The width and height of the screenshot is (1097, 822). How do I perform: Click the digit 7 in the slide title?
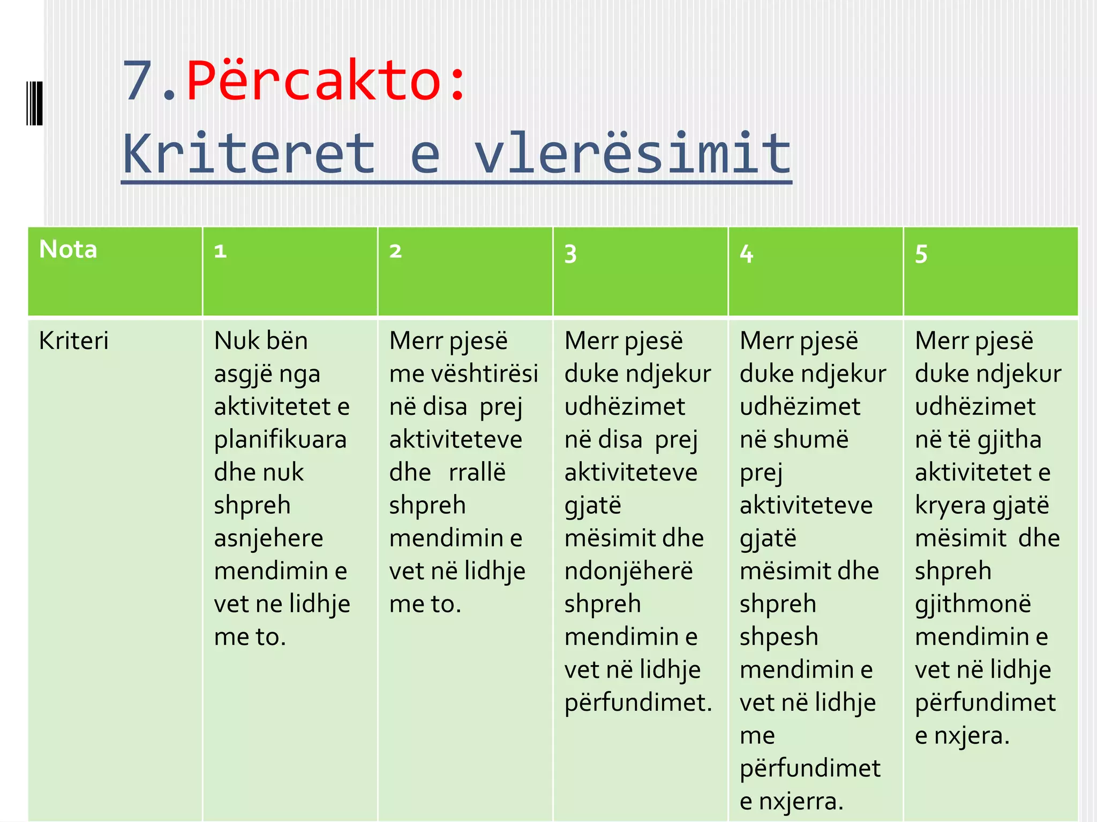pyautogui.click(x=138, y=81)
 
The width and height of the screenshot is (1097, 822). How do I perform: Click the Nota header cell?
pyautogui.click(x=68, y=249)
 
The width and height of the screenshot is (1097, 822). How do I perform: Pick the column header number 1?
pyautogui.click(x=220, y=251)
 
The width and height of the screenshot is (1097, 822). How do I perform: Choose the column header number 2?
pyautogui.click(x=395, y=251)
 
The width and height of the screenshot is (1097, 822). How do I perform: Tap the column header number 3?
pyautogui.click(x=570, y=253)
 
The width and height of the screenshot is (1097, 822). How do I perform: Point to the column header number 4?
pyautogui.click(x=746, y=253)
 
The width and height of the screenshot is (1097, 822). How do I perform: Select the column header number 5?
pyautogui.click(x=921, y=253)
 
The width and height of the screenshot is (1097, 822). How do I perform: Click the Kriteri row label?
pyautogui.click(x=74, y=340)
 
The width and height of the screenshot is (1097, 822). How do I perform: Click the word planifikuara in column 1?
pyautogui.click(x=280, y=440)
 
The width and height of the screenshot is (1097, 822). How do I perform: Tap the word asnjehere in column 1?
pyautogui.click(x=268, y=538)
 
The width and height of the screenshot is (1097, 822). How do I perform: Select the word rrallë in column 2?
pyautogui.click(x=477, y=473)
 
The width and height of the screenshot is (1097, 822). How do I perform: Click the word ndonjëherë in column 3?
pyautogui.click(x=628, y=572)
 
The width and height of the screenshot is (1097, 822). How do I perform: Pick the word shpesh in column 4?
pyautogui.click(x=779, y=637)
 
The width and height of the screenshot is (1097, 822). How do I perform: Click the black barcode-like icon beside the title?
pyautogui.click(x=34, y=103)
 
